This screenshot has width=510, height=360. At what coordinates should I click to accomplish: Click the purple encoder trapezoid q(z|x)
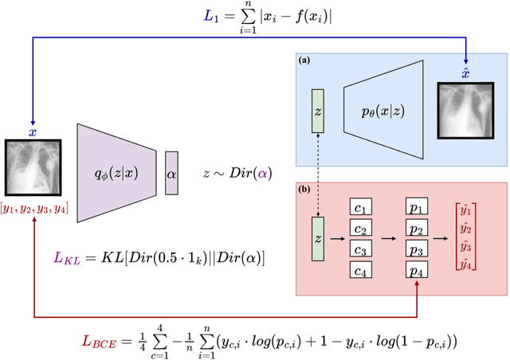(116, 171)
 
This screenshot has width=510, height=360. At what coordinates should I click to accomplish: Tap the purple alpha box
(171, 172)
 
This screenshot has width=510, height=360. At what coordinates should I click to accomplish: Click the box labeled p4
(416, 272)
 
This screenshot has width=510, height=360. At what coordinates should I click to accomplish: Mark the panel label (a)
(304, 61)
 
